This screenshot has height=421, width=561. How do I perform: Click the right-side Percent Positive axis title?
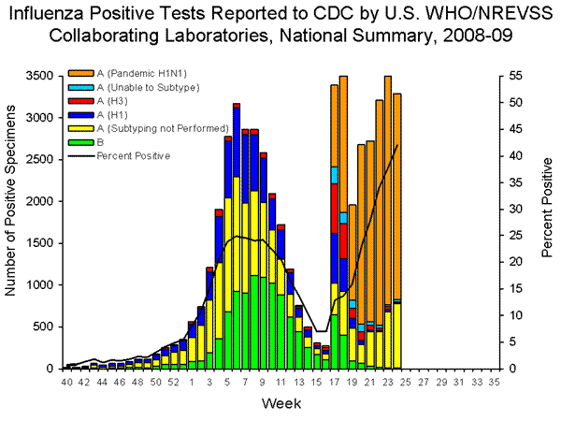point(547,223)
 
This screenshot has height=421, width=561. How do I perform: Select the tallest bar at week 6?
point(237,234)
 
